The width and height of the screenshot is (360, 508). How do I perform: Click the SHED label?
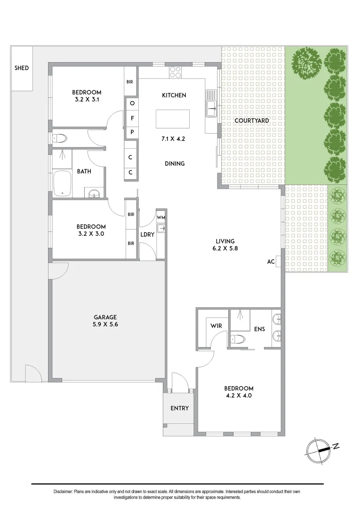pyautogui.click(x=22, y=68)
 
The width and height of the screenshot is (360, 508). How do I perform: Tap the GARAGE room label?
pyautogui.click(x=105, y=317)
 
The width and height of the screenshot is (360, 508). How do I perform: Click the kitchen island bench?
pyautogui.click(x=173, y=119)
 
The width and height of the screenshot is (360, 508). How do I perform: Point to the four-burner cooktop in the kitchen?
pyautogui.click(x=175, y=71)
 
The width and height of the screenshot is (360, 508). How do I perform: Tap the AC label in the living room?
pyautogui.click(x=271, y=262)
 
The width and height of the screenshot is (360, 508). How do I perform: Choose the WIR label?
pyautogui.click(x=216, y=325)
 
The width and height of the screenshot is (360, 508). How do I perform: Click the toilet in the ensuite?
pyautogui.click(x=237, y=339)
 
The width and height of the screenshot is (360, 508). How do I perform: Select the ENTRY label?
pyautogui.click(x=179, y=408)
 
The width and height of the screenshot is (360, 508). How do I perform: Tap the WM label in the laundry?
pyautogui.click(x=161, y=218)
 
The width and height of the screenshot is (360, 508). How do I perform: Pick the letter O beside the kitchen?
pyautogui.click(x=132, y=103)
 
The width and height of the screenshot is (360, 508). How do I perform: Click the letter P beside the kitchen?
pyautogui.click(x=132, y=132)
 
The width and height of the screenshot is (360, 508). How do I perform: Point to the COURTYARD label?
pyautogui.click(x=252, y=121)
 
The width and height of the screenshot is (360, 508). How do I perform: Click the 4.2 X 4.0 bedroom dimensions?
pyautogui.click(x=239, y=396)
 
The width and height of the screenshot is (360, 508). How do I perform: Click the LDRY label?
pyautogui.click(x=146, y=234)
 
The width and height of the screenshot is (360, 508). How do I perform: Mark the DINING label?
pyautogui.click(x=175, y=164)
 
